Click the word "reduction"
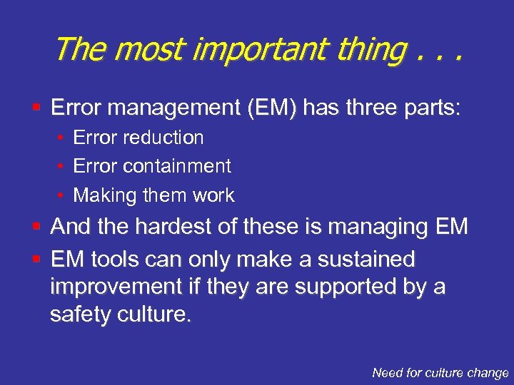tap(165, 138)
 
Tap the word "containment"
tap(177, 166)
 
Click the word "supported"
tap(336, 287)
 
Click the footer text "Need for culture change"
tap(440, 372)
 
